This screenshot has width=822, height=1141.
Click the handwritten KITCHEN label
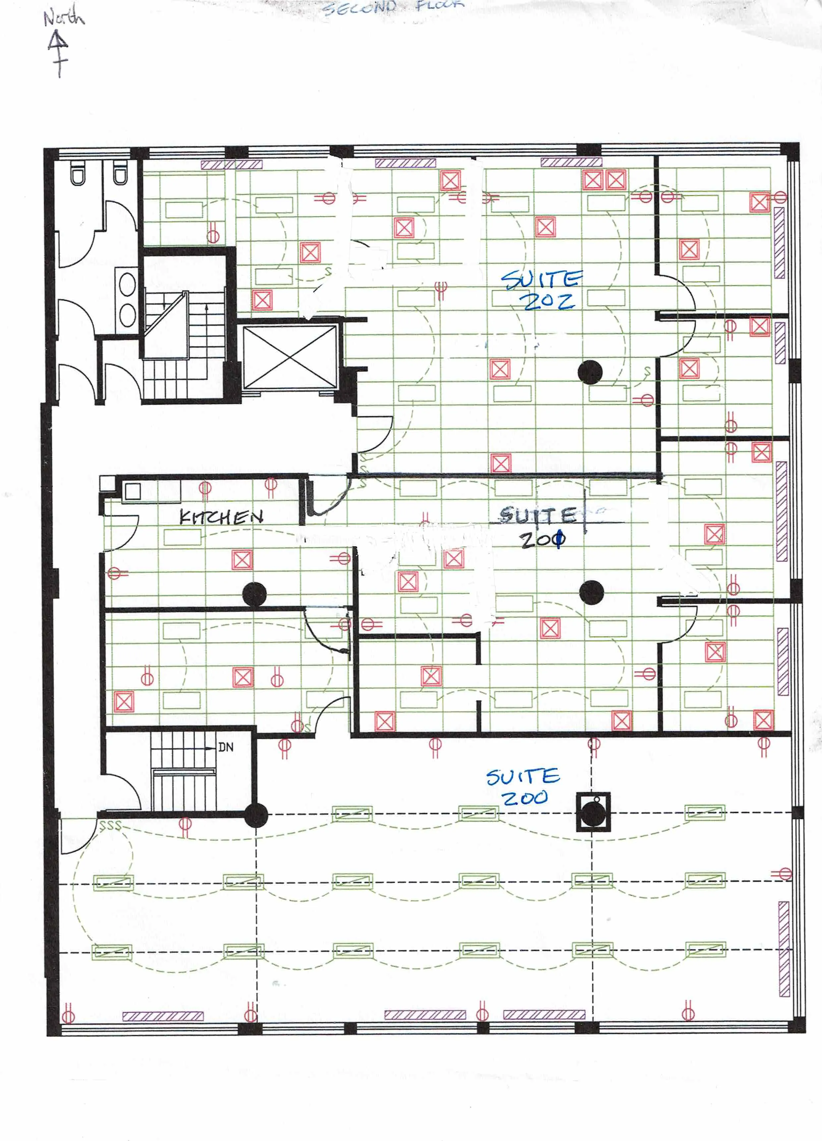tap(221, 517)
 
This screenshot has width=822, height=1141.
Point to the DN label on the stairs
tap(226, 747)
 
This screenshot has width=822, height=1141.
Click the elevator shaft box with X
tap(289, 357)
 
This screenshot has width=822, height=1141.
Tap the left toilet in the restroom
tap(78, 173)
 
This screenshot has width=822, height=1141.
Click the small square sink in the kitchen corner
tap(133, 491)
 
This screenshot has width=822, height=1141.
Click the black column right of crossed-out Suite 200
tap(592, 592)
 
